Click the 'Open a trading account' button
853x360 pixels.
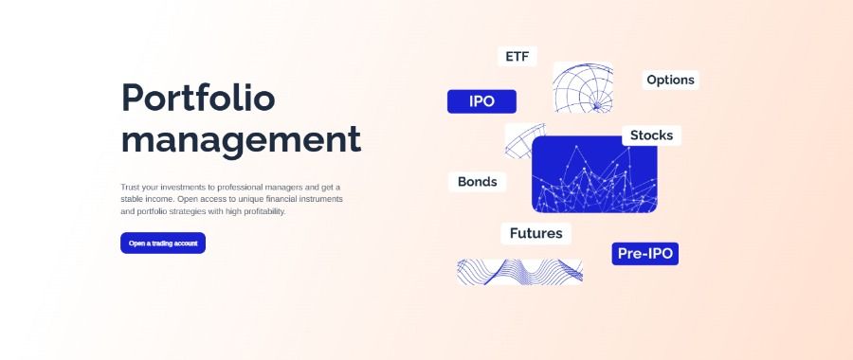163,243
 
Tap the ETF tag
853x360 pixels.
517,57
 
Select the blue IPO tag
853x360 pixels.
481,101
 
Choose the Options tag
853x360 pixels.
670,80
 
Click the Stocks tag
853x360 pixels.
651,135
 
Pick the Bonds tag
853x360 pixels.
477,182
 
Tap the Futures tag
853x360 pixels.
535,233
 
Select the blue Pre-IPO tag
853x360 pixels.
644,254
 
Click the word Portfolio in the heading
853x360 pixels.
198,99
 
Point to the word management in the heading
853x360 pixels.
241,139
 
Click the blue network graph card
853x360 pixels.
594,174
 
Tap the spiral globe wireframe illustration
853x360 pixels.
583,87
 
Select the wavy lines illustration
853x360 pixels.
519,271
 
